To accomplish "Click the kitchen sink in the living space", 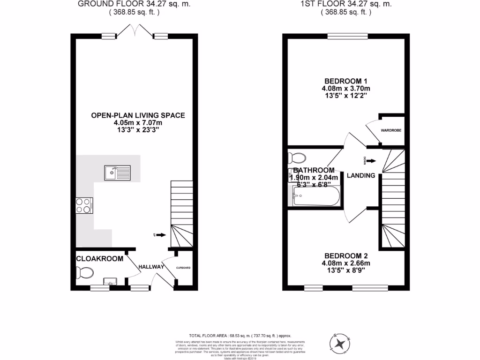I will coord(118,173).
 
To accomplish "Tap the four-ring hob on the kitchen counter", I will coord(84,205).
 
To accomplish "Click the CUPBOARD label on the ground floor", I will coord(183,268).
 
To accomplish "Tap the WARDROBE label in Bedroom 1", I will coord(391,130).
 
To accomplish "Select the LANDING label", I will coord(361,176).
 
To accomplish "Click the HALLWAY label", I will coord(151,267).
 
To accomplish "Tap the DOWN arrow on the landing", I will coord(370,161).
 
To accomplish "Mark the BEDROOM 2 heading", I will coord(346,256).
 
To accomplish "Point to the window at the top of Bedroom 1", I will coord(347,36).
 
